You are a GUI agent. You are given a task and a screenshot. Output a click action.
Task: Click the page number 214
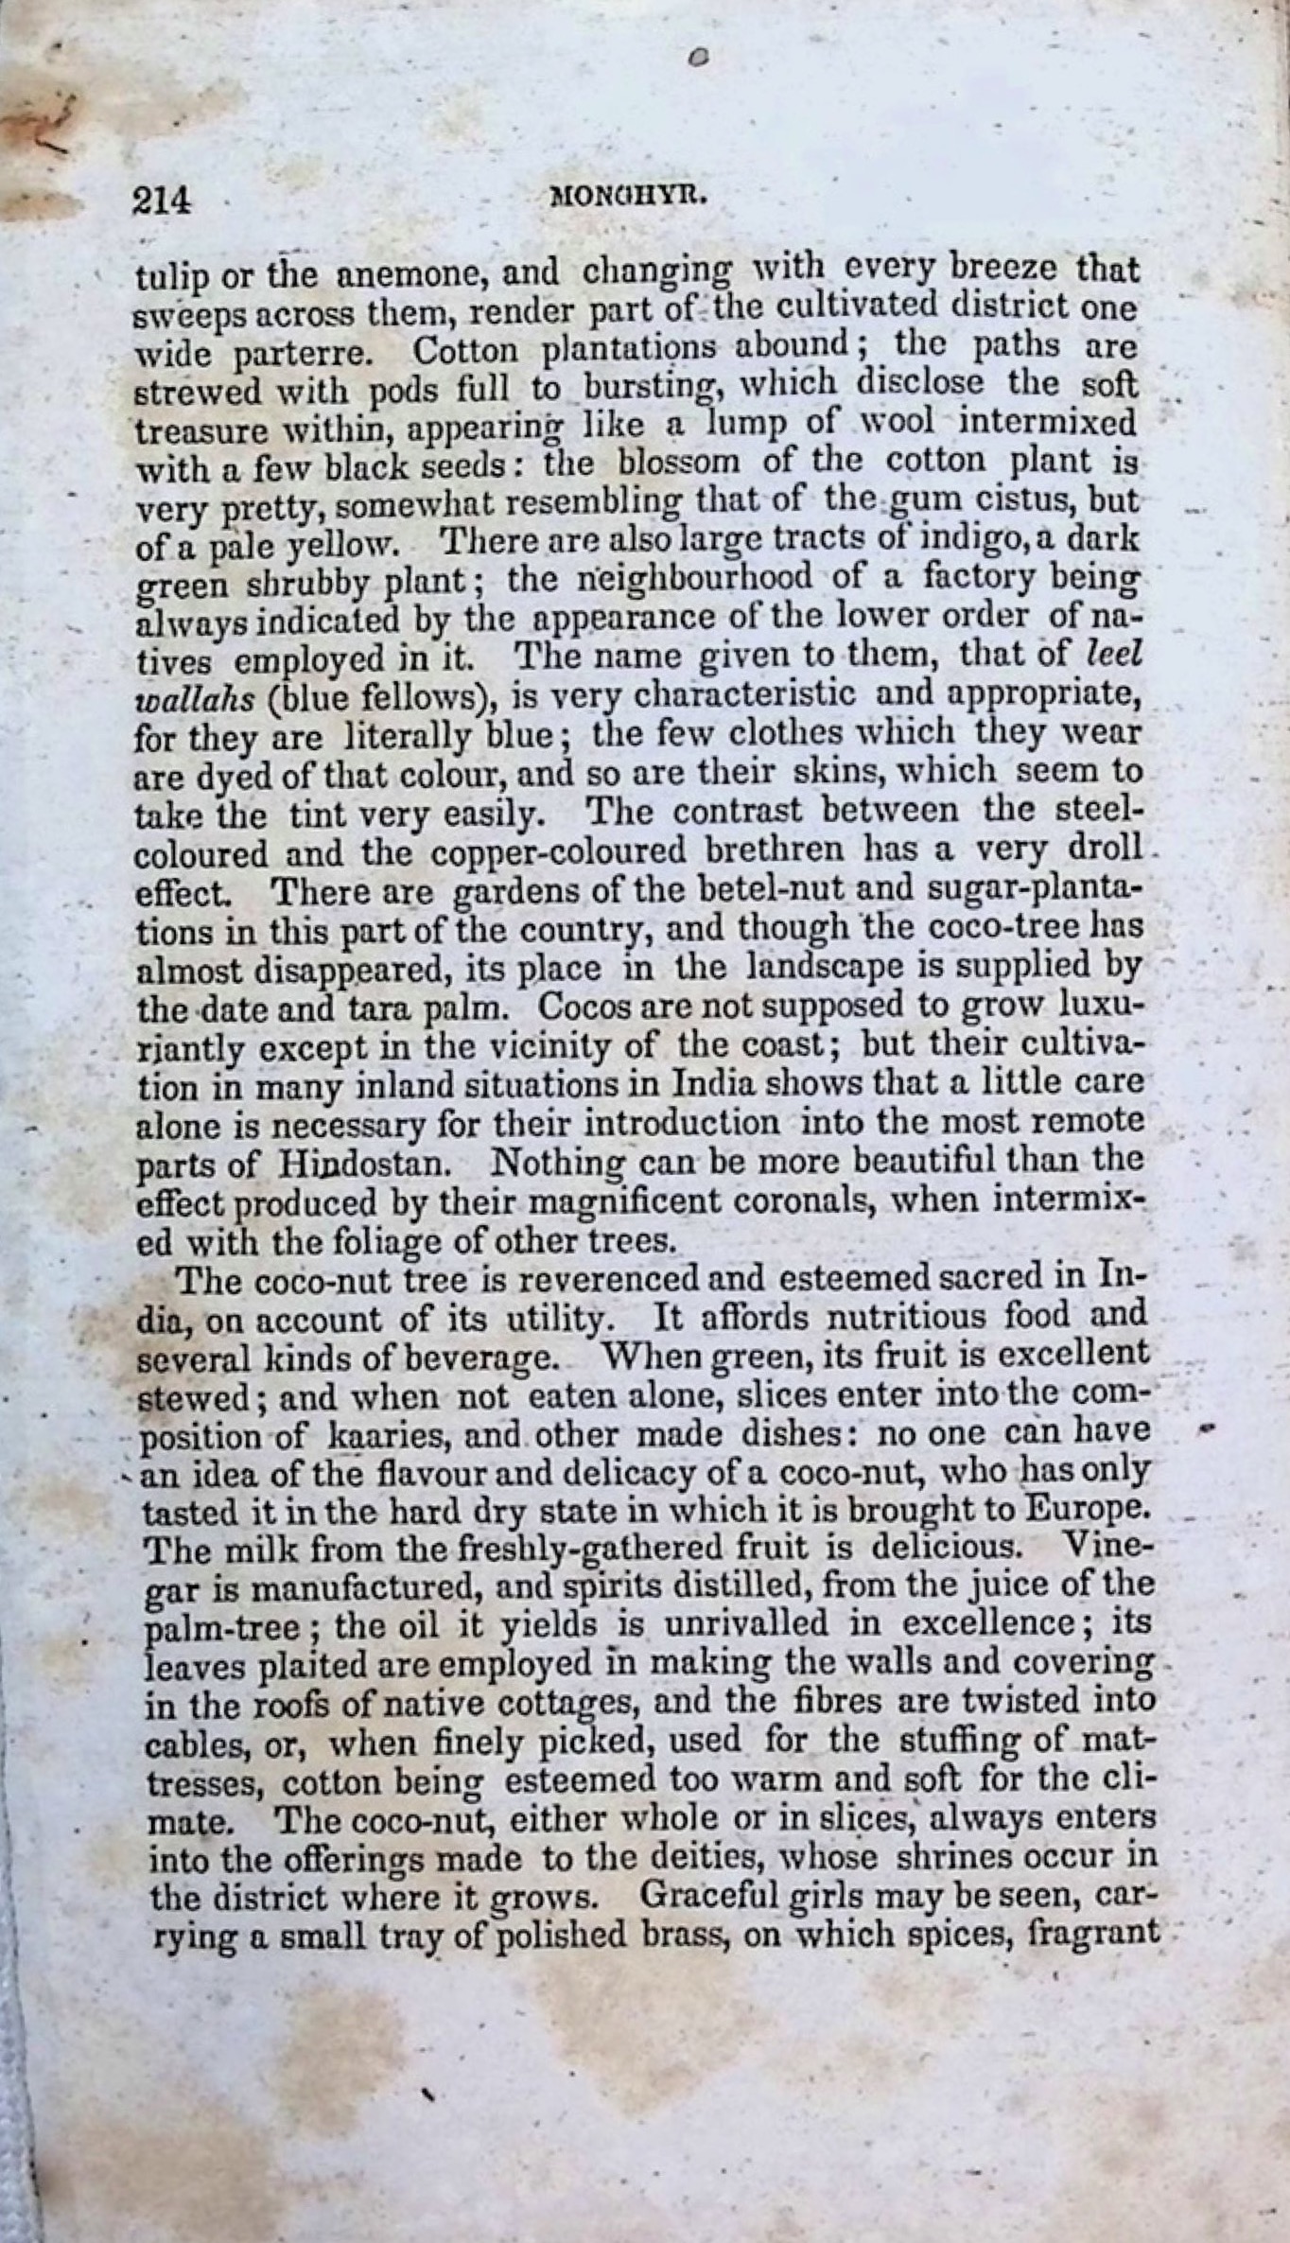[163, 200]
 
